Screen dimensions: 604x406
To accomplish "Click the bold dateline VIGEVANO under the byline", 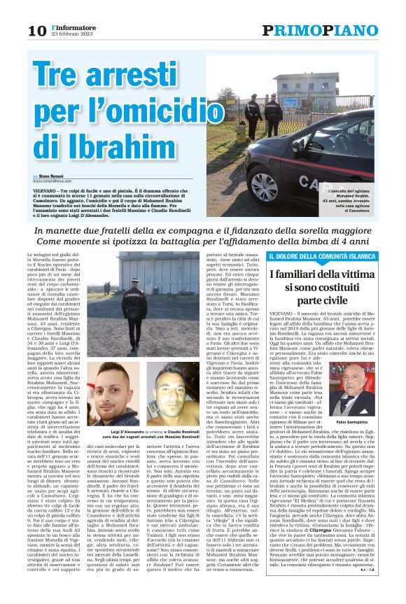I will [x=46, y=189].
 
